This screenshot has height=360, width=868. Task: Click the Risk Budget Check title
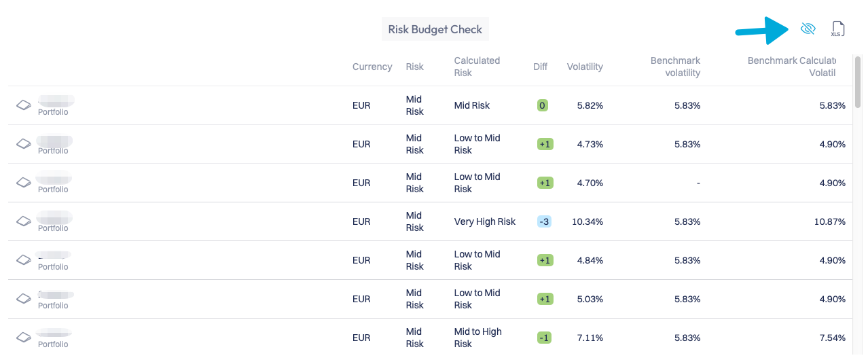coord(435,29)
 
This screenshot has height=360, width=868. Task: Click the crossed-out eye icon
coord(808,29)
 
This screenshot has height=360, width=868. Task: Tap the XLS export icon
coord(838,29)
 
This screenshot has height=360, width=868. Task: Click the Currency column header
coord(372,67)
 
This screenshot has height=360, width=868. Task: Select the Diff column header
coord(540,67)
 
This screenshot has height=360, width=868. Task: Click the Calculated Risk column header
coord(477,67)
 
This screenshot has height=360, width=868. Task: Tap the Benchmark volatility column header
coord(675,67)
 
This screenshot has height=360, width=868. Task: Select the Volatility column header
coord(585,67)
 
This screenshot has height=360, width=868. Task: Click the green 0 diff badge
coord(542,105)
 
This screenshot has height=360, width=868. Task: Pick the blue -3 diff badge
coord(544,221)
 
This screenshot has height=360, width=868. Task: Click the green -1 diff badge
coord(544,338)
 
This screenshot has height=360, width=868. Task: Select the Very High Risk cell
coord(484,221)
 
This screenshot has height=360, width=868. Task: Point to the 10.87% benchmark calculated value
coord(829,221)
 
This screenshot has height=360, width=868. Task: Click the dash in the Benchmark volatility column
coord(698,183)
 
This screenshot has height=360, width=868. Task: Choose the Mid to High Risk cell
coord(477,338)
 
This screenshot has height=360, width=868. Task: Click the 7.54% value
coord(832,338)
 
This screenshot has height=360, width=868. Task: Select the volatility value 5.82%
coord(590,105)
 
